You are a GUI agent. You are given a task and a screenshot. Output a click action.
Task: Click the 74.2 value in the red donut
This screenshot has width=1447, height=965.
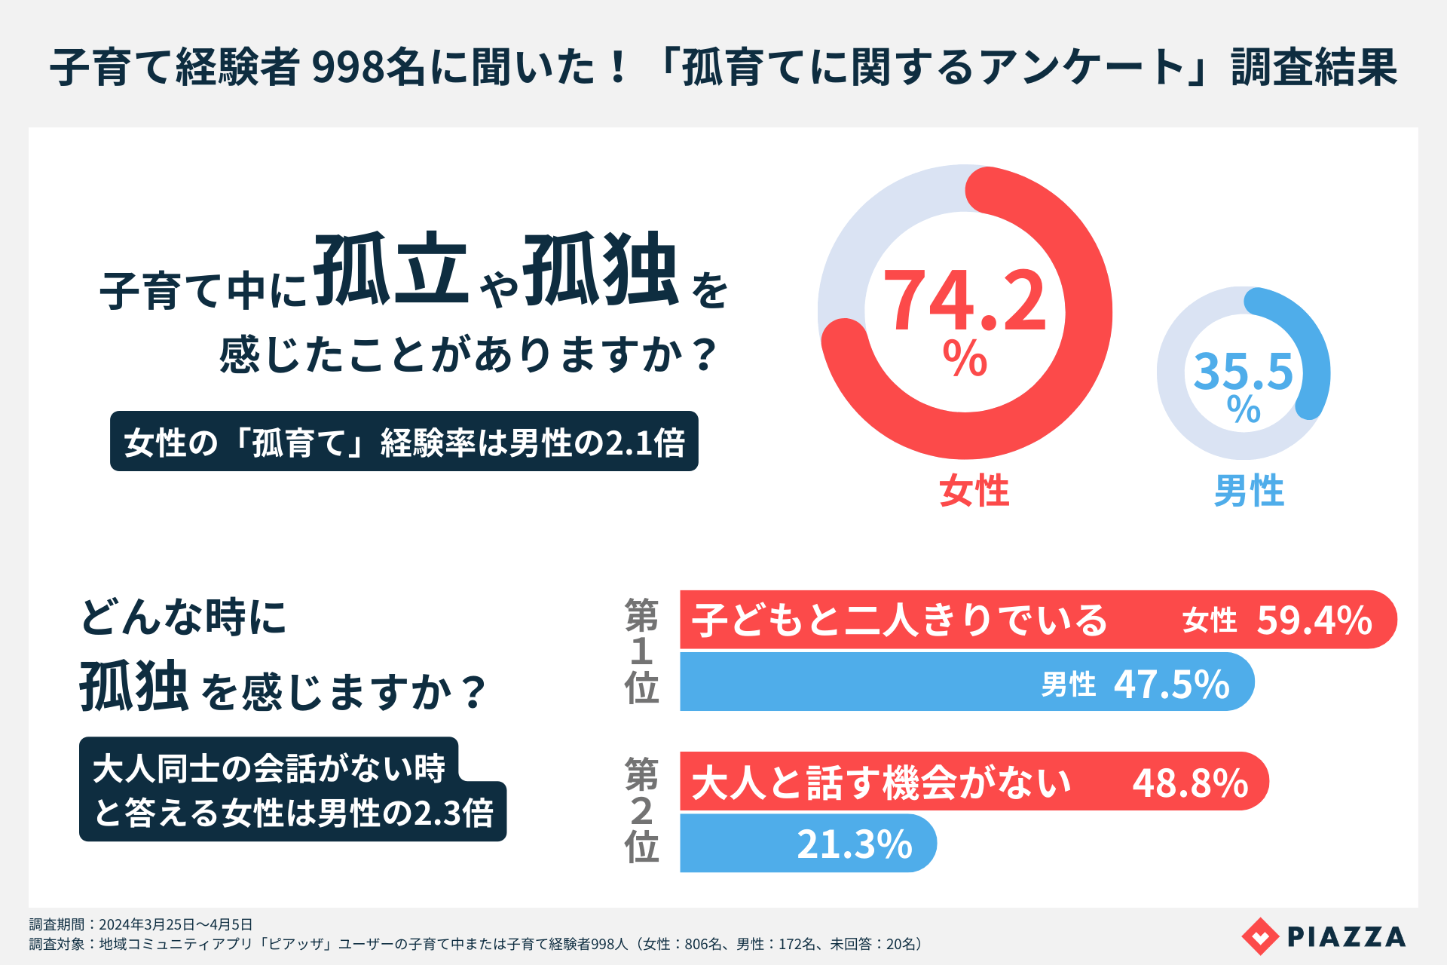tap(965, 302)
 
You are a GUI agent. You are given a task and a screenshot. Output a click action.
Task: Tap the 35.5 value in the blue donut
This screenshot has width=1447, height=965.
tap(1244, 371)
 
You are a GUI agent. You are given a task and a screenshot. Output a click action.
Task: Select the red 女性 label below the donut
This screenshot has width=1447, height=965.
tap(974, 491)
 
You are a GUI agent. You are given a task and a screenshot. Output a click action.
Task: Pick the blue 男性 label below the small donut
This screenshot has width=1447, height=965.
tap(1249, 491)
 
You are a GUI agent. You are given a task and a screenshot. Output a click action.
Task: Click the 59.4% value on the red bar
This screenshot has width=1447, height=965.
tap(1314, 620)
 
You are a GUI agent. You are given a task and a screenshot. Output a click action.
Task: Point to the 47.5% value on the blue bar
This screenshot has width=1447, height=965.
tap(1172, 685)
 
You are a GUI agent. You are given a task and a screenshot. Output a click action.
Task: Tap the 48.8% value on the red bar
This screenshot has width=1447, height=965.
tap(1190, 783)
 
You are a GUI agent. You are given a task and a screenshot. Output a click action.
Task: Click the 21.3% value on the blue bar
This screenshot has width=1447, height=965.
tap(855, 844)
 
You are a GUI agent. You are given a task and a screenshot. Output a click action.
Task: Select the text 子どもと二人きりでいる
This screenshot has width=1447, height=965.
tap(900, 620)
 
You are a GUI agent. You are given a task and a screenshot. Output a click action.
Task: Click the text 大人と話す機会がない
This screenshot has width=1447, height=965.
tap(881, 783)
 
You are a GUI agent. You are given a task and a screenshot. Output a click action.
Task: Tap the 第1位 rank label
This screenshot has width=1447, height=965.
tap(641, 651)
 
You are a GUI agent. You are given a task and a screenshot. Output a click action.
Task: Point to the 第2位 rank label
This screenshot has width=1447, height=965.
tap(641, 810)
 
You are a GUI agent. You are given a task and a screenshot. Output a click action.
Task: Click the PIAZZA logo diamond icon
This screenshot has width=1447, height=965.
tap(1260, 936)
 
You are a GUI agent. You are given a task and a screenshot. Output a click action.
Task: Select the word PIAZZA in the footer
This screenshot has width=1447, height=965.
tap(1346, 936)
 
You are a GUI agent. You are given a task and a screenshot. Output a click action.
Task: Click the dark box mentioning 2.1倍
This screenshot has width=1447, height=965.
tap(404, 442)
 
